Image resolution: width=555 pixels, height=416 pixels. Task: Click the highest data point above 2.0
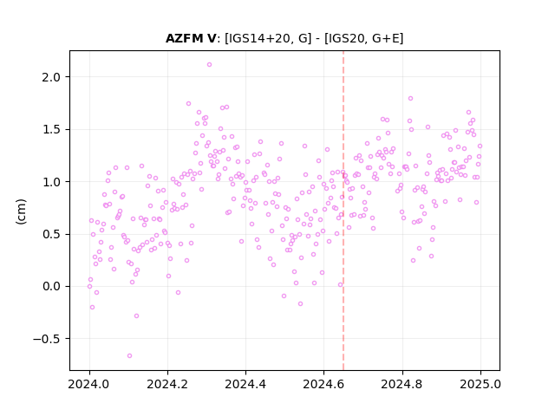point(209,65)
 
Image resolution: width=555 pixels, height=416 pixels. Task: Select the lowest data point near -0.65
point(129,355)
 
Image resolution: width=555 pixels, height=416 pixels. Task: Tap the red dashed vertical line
point(343,211)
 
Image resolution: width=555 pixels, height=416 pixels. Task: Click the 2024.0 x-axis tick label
point(89,384)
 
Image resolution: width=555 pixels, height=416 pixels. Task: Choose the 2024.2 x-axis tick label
point(167,384)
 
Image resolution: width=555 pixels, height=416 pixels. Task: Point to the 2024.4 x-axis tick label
point(245,384)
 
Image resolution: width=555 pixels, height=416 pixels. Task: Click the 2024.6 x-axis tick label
point(323,384)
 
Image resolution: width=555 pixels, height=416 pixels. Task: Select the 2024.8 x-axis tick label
point(402,384)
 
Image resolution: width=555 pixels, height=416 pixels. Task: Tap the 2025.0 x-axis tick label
point(480,384)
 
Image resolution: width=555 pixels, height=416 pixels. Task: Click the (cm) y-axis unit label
point(21,211)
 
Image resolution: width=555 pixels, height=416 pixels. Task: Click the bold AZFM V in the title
point(191,38)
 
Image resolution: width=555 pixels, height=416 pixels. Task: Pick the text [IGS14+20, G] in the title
point(268,38)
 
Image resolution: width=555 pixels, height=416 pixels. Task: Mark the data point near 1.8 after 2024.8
point(410,98)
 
